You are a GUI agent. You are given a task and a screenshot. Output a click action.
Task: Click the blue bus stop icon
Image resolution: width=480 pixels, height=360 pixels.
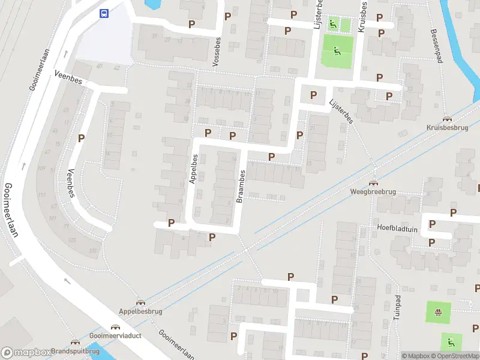104,13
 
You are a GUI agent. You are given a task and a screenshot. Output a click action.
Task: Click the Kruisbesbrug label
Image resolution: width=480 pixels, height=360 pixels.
446,128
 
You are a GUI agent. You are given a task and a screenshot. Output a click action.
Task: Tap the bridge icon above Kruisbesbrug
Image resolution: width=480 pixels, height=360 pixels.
446,119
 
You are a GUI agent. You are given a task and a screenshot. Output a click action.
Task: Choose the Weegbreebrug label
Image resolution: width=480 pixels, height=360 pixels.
373,192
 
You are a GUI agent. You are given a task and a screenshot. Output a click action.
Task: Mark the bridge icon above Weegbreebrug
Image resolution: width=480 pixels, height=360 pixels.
373,183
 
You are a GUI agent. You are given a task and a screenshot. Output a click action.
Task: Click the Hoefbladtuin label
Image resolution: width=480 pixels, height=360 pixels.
397,228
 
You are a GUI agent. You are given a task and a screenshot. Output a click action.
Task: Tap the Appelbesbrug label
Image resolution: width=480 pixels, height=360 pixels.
140,311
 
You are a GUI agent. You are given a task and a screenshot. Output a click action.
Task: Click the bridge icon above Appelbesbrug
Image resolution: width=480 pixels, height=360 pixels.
140,302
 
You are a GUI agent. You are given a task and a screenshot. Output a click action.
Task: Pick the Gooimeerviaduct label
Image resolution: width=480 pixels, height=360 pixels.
115,335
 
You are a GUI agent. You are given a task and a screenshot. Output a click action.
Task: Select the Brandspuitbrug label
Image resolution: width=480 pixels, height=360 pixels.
75,351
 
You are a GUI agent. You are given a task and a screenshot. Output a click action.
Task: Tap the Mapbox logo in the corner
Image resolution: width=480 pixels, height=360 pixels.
25,353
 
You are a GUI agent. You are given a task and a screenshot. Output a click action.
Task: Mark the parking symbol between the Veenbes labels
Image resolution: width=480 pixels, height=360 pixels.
81,138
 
